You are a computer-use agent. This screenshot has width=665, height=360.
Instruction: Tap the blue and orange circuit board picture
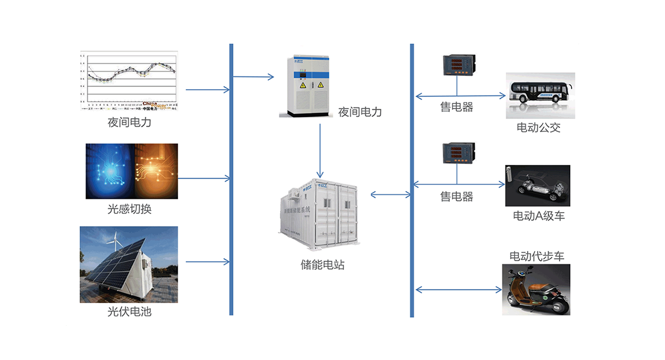pos(132,171)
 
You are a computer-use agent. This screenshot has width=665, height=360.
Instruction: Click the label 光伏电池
pos(129,312)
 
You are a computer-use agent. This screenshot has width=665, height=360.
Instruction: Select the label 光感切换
pos(129,209)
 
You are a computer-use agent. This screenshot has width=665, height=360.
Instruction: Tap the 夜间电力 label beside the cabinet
pos(360,112)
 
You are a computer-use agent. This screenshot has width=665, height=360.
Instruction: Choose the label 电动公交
pos(539,128)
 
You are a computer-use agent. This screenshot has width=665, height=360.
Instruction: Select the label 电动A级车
pos(539,216)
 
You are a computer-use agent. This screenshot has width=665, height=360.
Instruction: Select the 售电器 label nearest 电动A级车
pos(457,197)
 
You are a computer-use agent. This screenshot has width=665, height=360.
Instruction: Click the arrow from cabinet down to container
pos(320,150)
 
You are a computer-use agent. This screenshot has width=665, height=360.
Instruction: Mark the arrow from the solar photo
pos(207,261)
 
